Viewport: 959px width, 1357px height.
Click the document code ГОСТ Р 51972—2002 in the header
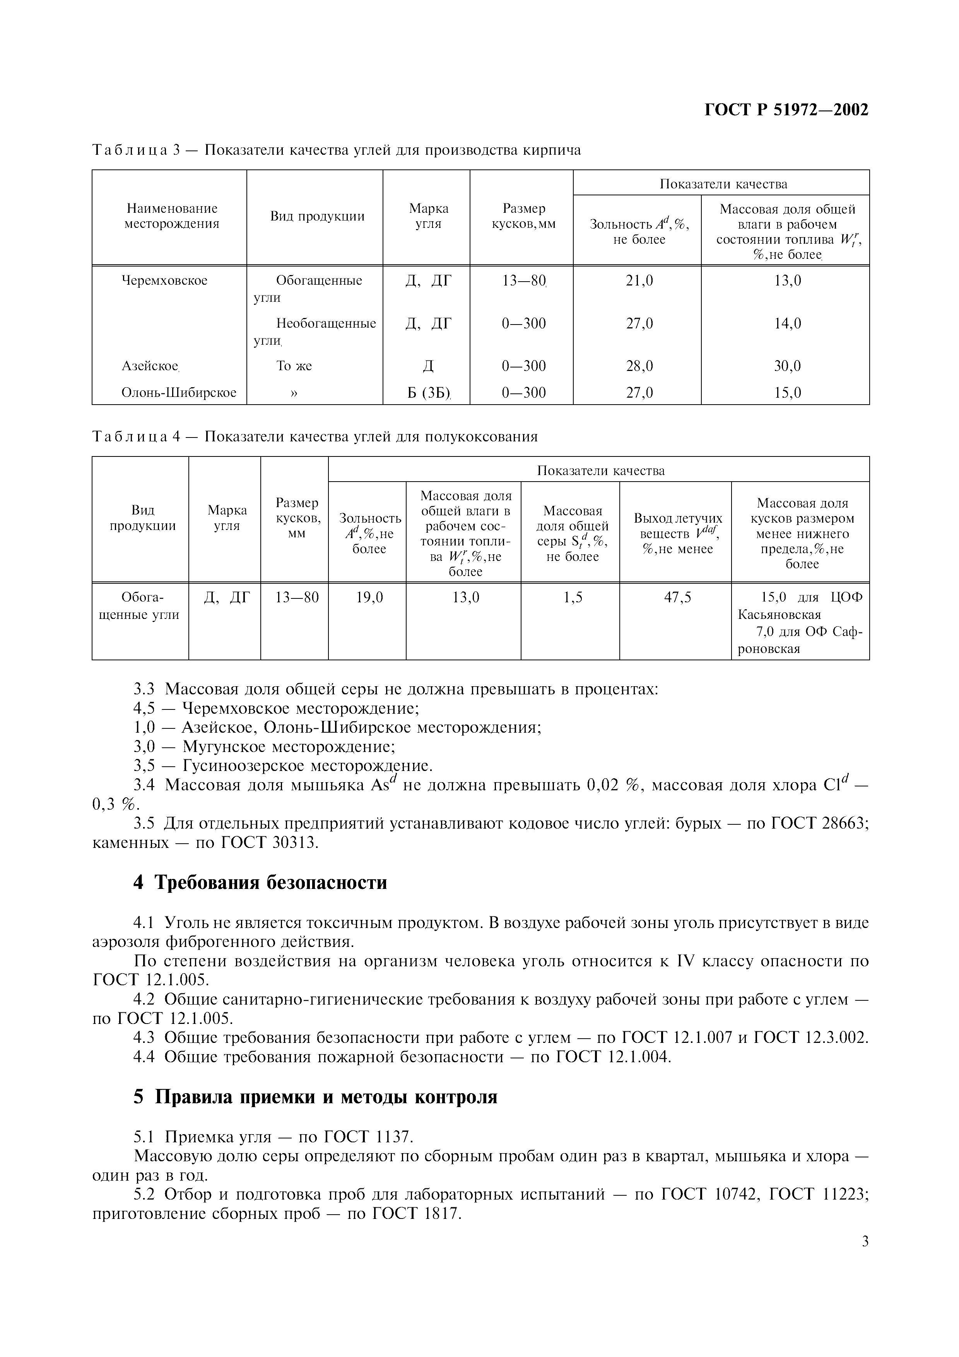point(786,110)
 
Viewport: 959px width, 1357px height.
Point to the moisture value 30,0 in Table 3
point(788,366)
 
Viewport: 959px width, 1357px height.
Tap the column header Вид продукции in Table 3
point(317,216)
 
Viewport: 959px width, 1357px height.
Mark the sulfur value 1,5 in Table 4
point(573,598)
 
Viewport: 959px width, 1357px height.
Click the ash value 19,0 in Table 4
point(369,598)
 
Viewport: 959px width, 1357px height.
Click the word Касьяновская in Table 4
point(780,615)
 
